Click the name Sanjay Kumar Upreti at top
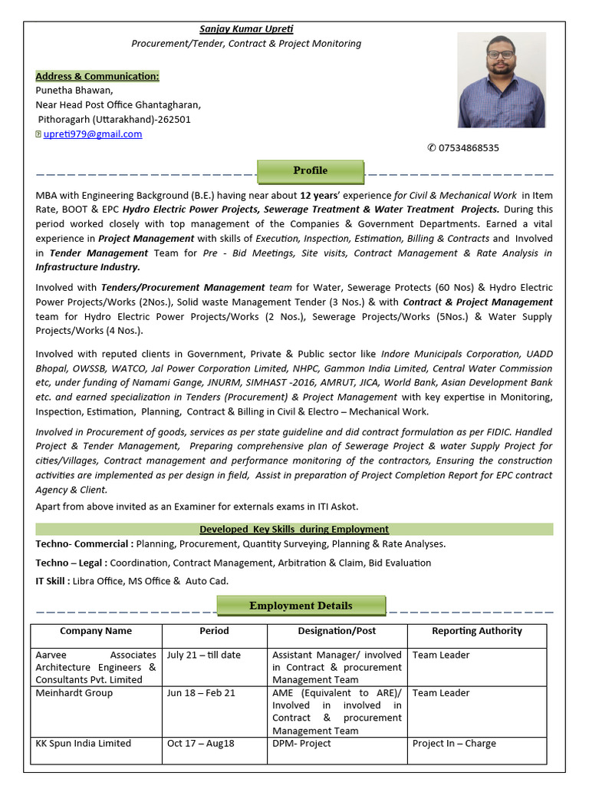pos(246,29)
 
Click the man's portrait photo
pos(502,80)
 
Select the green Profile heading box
pos(310,171)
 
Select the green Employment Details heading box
pos(301,606)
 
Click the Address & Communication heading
pos(97,76)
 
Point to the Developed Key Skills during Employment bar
pos(294,530)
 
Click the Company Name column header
pos(96,631)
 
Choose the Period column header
pos(214,631)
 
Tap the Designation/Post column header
pos(337,631)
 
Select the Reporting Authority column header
pos(476,631)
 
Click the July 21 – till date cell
pos(203,656)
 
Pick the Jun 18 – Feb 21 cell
pos(201,693)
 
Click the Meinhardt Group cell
pos(74,693)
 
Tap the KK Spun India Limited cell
pos(84,744)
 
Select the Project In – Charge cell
pos(454,744)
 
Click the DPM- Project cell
pos(301,744)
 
